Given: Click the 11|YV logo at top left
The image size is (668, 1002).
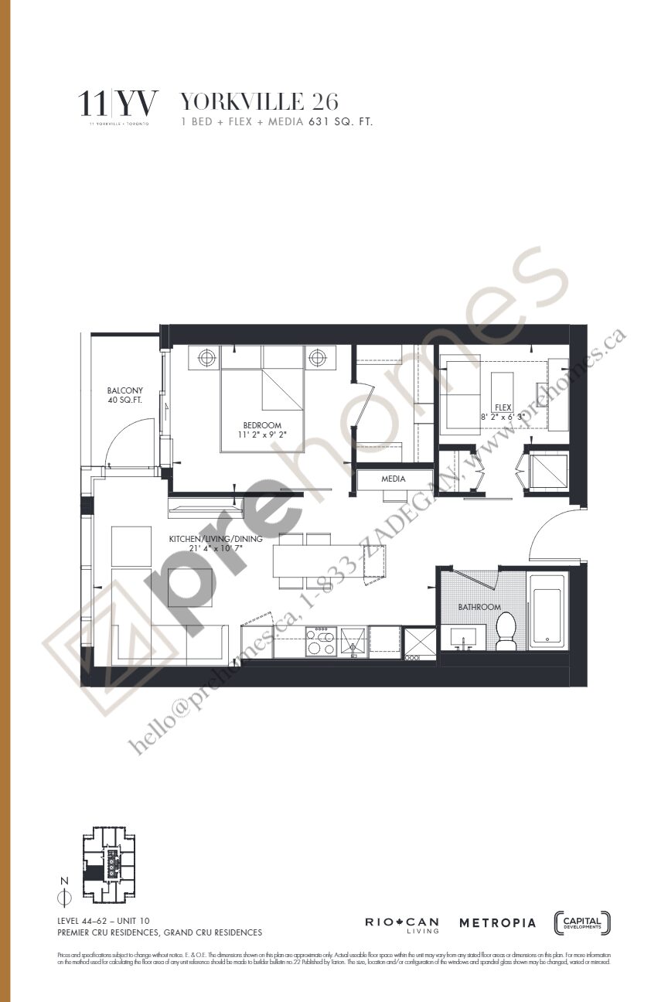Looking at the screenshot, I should [x=120, y=104].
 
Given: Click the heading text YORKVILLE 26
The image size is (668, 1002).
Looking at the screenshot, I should [x=259, y=101].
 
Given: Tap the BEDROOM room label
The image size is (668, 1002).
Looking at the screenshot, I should [x=262, y=424].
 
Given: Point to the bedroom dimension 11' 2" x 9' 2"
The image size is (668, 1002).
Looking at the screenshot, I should [x=262, y=435].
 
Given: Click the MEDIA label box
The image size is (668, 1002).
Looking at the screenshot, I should [x=394, y=479].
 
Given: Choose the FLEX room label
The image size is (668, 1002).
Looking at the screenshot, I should [x=503, y=407].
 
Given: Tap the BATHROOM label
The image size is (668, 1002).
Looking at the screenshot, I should [x=479, y=607].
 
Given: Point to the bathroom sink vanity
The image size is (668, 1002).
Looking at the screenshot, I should [x=469, y=639].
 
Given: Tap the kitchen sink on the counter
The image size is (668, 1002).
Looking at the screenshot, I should [x=353, y=641].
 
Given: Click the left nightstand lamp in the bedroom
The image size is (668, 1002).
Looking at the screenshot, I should [x=206, y=358].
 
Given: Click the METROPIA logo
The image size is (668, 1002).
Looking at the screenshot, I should [x=497, y=922].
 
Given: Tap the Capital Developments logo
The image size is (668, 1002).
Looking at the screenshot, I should [x=582, y=922].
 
